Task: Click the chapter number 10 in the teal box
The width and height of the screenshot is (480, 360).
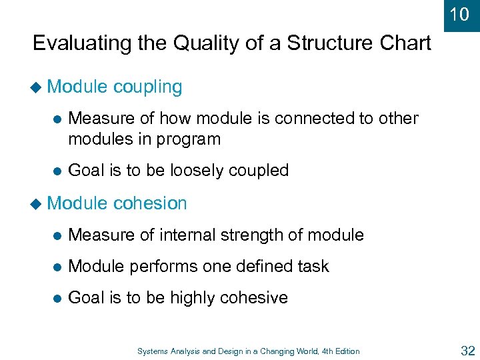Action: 459,14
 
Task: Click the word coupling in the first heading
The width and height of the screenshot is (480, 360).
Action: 147,87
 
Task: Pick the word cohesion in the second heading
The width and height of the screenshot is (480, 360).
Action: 150,203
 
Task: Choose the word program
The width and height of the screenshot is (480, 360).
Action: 190,139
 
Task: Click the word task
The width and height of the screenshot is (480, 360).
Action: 313,267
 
